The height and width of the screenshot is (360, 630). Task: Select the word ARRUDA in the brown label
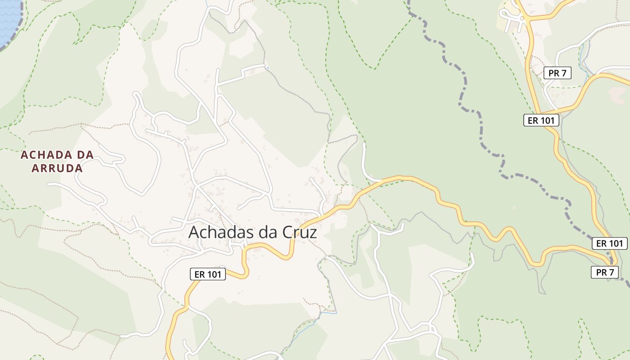tap(57, 169)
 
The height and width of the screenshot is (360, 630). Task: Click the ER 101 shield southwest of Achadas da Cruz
tap(207, 274)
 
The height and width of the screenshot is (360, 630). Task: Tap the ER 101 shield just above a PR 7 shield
tap(609, 243)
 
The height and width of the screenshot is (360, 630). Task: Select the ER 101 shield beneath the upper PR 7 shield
tap(541, 120)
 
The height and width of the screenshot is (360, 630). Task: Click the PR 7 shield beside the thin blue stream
tap(558, 73)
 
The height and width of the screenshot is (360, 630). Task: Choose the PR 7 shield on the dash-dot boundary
tap(605, 272)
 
